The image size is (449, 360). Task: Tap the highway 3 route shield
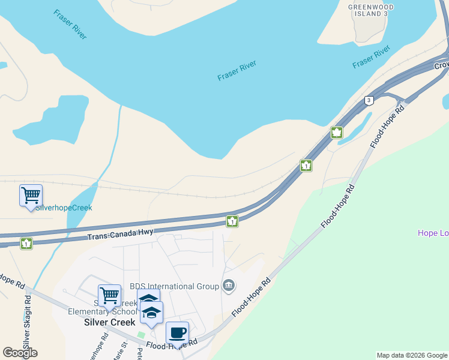[x=369, y=100]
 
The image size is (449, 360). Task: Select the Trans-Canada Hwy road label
[x=120, y=234]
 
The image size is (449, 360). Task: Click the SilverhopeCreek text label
[x=64, y=208]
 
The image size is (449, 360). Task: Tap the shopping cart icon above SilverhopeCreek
[x=31, y=195]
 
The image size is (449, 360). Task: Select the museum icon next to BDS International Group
[x=228, y=285]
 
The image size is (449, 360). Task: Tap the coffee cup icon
[x=177, y=332]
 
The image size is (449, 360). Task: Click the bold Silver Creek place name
[x=109, y=322]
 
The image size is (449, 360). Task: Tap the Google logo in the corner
[x=20, y=353]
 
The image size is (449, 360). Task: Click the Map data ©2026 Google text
[x=412, y=355]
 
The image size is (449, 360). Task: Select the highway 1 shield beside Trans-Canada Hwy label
[x=232, y=221]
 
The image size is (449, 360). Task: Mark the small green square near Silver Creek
[x=141, y=335]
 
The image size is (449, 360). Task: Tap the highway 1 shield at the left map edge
[x=26, y=244]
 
